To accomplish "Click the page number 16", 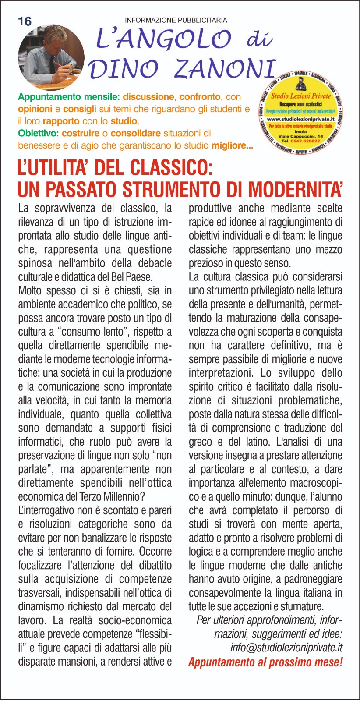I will coord(25,21).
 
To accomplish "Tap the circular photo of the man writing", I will coord(51,57).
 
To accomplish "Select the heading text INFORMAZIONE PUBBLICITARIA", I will coord(176,20).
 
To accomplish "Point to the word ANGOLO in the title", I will coord(163,40).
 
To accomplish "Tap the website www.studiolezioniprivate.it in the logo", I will coord(300,119).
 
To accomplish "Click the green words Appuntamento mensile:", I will coord(69,97).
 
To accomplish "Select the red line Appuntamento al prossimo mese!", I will coord(265,662).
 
